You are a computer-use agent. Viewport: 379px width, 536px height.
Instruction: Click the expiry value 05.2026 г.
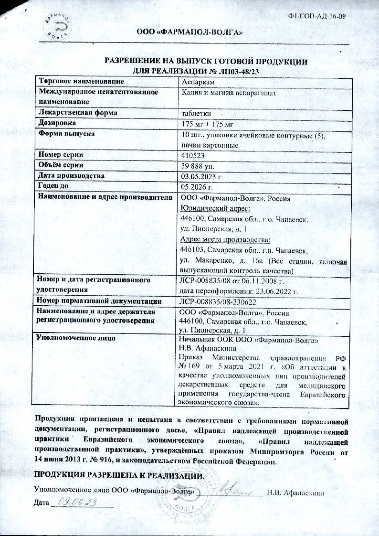click(x=197, y=186)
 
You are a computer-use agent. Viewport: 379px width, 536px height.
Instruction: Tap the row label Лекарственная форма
click(x=78, y=113)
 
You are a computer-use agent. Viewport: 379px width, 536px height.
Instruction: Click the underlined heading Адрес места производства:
click(x=225, y=240)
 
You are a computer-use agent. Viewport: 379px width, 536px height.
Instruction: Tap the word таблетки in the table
click(x=196, y=113)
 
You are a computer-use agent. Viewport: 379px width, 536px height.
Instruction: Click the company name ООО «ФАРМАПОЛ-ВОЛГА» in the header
click(x=192, y=33)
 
